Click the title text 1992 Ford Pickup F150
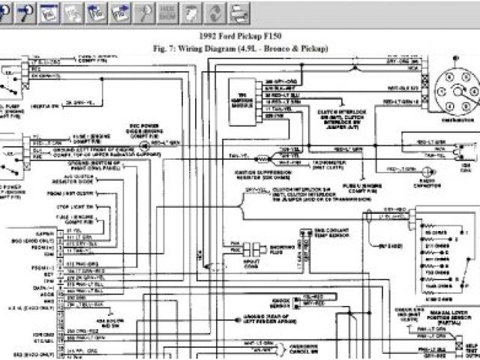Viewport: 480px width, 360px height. pos(239,36)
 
